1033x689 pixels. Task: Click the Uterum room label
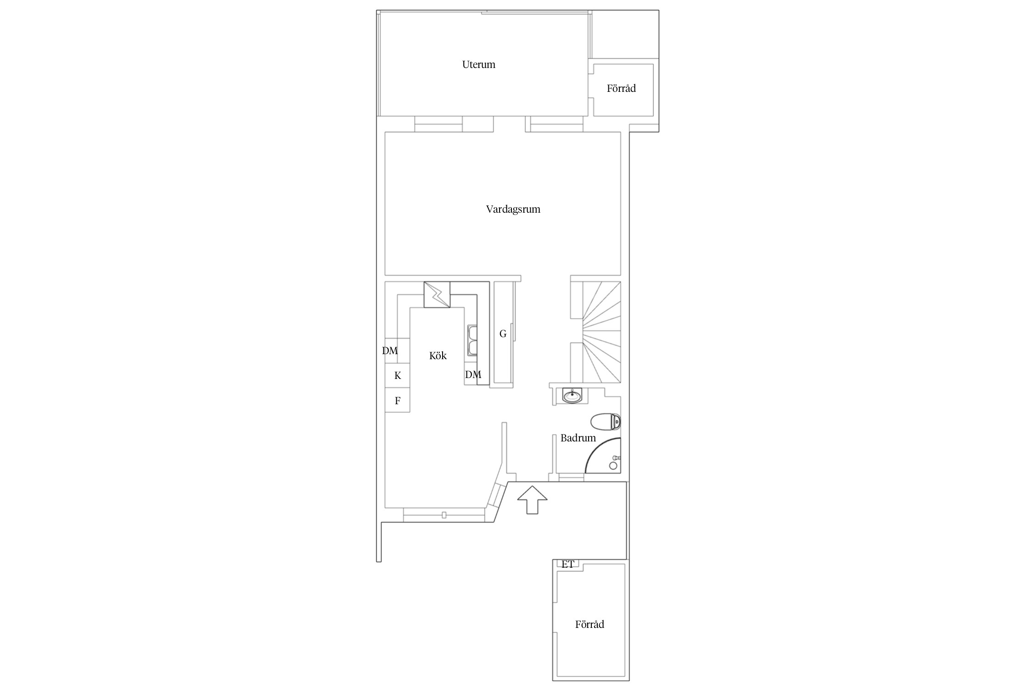click(x=478, y=65)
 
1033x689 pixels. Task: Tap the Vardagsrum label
click(x=513, y=209)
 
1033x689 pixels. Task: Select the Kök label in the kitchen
click(x=438, y=356)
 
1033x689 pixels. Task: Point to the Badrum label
click(x=578, y=438)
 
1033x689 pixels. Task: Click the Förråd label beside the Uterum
click(x=621, y=88)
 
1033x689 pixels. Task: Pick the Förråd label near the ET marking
click(x=589, y=624)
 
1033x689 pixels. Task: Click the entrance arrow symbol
click(x=532, y=500)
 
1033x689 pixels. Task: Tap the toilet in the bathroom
click(x=606, y=422)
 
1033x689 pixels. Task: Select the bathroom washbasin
click(x=572, y=395)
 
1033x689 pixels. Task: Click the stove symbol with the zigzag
click(x=437, y=294)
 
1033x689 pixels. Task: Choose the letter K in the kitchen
click(x=398, y=376)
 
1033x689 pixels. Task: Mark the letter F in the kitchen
click(x=398, y=401)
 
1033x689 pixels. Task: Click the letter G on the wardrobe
click(x=503, y=334)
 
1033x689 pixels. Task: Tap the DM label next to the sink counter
click(x=473, y=375)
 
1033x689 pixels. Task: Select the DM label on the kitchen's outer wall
click(x=390, y=351)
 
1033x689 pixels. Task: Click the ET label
click(x=568, y=565)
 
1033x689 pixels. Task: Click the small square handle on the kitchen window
click(x=444, y=515)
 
